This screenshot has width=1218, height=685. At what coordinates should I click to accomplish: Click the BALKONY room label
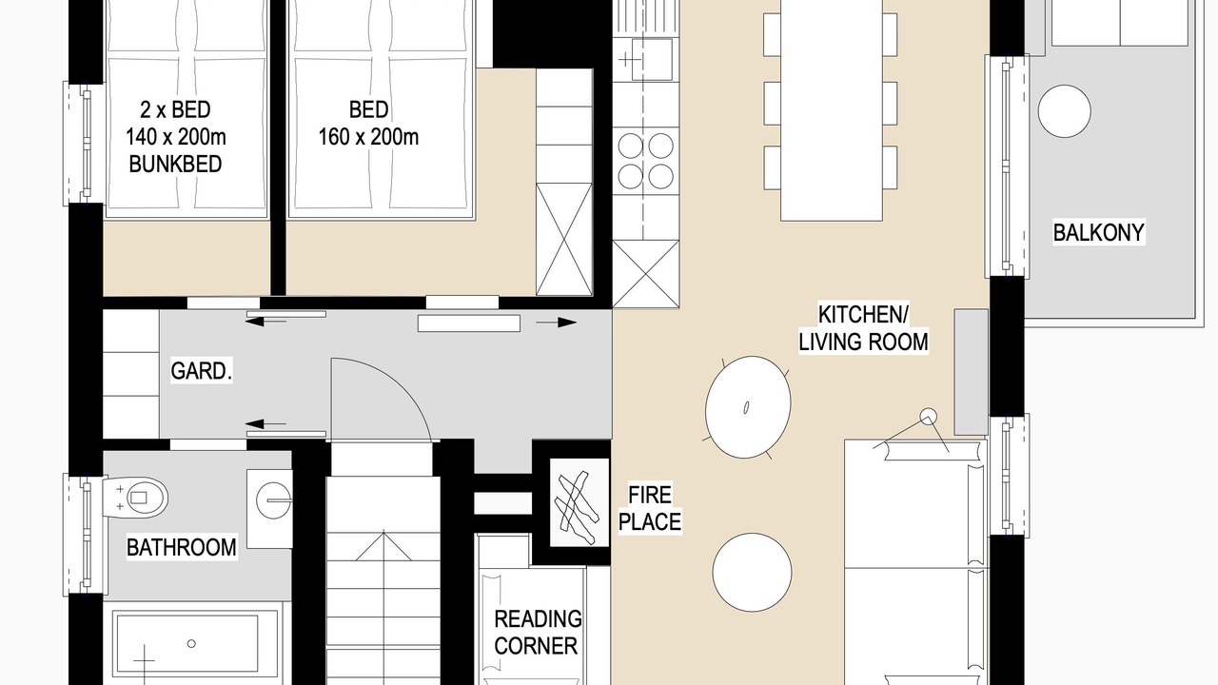tap(1098, 233)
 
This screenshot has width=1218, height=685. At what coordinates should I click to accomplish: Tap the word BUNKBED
tap(175, 165)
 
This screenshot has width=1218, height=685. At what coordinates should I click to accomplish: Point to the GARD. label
tap(201, 371)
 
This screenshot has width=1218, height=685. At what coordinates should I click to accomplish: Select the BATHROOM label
tap(182, 547)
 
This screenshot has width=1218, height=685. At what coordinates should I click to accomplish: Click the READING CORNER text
tap(538, 633)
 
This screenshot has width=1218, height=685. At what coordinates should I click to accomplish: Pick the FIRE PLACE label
tap(650, 508)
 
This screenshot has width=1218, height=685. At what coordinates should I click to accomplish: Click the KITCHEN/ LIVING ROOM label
tap(863, 328)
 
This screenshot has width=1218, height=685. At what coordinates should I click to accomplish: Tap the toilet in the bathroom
tap(136, 498)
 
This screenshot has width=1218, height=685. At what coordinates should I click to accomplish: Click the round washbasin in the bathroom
tap(273, 500)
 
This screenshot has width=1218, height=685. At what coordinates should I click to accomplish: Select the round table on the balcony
tap(1064, 111)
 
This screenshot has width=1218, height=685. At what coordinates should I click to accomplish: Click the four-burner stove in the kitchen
tap(646, 161)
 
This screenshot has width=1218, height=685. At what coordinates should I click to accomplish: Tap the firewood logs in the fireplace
tap(578, 507)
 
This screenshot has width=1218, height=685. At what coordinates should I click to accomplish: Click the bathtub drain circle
tap(191, 644)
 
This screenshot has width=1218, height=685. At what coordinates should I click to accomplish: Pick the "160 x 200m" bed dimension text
tap(368, 137)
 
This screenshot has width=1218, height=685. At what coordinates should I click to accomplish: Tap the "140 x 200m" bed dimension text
tap(176, 137)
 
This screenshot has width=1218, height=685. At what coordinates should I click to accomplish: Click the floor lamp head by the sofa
tap(929, 417)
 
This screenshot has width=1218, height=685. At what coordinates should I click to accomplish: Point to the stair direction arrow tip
tap(383, 531)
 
